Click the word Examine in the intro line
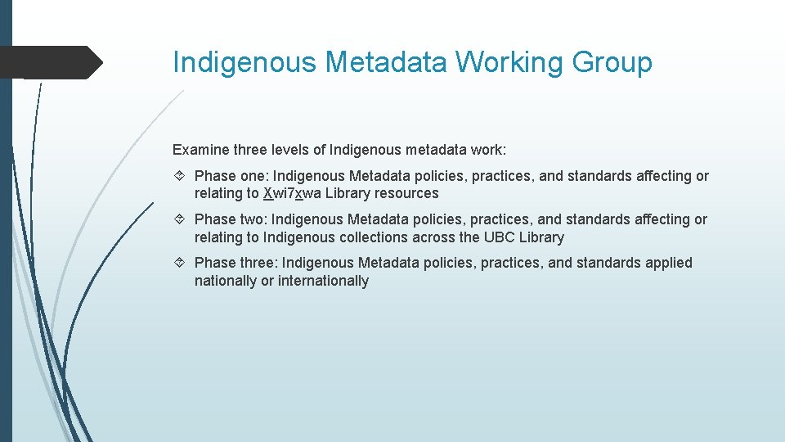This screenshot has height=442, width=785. (200, 150)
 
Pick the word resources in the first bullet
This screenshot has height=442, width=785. (406, 194)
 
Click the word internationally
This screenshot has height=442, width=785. (323, 281)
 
